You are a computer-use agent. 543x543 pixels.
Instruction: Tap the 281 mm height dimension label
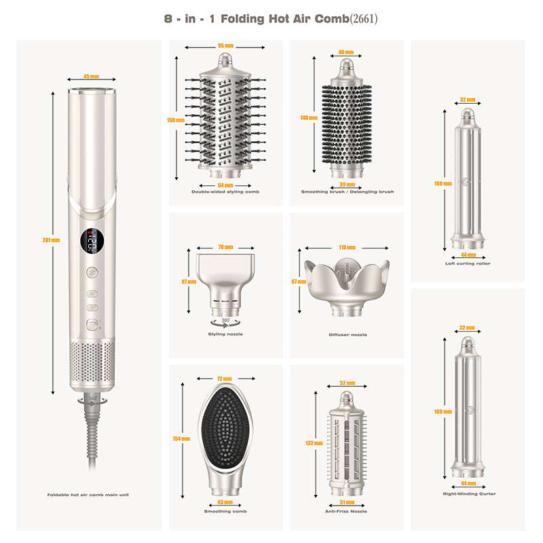click(52, 240)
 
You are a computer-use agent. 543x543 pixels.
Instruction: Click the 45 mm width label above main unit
click(90, 77)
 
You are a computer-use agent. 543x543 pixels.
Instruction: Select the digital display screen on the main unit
click(90, 242)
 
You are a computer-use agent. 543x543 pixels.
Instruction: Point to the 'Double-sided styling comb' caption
click(225, 192)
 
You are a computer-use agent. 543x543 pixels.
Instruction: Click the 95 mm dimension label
click(225, 46)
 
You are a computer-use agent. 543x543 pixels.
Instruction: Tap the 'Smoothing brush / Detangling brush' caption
click(347, 192)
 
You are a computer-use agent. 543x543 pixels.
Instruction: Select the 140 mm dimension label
click(309, 117)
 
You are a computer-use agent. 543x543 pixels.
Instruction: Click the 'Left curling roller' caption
click(468, 263)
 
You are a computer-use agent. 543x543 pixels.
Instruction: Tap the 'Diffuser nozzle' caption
click(347, 334)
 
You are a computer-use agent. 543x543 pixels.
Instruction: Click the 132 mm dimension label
click(309, 443)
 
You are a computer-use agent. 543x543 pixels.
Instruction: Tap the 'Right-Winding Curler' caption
click(468, 494)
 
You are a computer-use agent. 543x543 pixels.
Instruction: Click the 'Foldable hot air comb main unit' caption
click(88, 495)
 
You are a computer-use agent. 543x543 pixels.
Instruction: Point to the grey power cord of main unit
click(90, 441)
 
